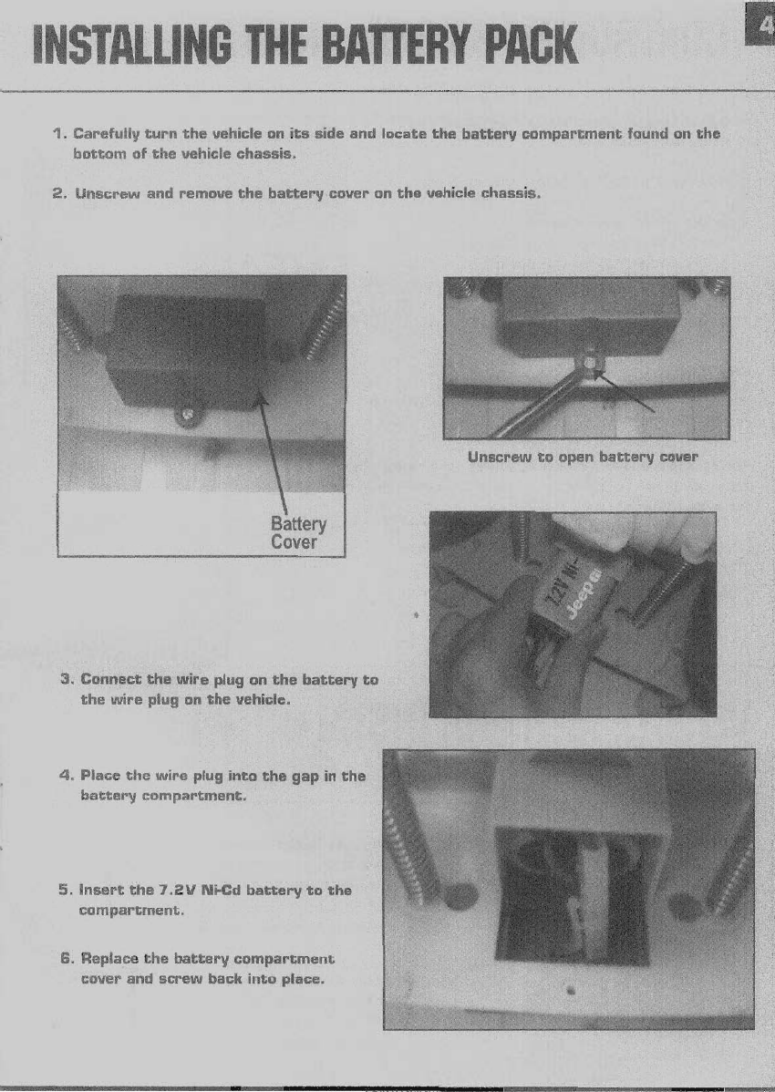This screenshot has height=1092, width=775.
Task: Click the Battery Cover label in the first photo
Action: pos(298,532)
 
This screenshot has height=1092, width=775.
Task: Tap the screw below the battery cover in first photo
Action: pos(187,415)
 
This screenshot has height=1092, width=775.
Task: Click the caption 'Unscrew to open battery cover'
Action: pos(582,457)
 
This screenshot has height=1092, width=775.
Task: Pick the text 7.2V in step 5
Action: pos(172,890)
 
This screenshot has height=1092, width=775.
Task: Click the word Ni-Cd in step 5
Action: pos(222,890)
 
